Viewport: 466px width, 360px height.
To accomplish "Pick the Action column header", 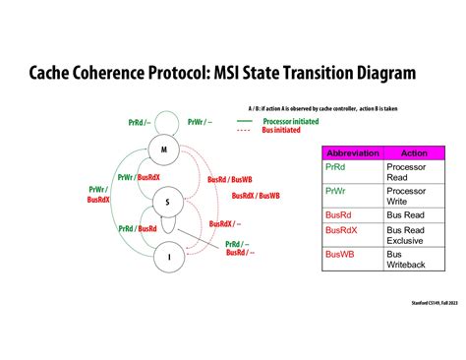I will (x=414, y=152).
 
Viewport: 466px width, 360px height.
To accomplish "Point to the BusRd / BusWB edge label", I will (x=230, y=179).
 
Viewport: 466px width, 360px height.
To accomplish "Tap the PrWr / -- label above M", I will (x=199, y=122).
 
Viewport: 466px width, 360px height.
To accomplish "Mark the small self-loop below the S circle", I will (x=168, y=224).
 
